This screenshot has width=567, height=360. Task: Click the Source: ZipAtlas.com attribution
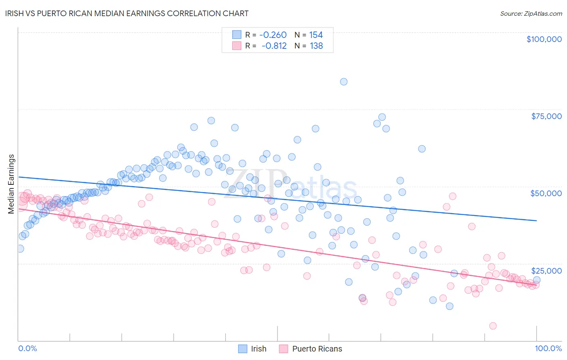pos(531,13)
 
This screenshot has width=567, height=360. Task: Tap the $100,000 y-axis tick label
pos(544,39)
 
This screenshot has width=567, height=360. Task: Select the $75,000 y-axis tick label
pos(546,116)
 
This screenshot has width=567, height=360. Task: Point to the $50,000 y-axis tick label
pos(546,193)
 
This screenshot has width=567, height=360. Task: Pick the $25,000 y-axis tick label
pos(546,270)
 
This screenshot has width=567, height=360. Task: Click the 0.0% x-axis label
pos(27,348)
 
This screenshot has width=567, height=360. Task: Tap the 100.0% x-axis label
pos(548,348)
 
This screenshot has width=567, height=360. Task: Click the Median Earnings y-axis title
pos(11,184)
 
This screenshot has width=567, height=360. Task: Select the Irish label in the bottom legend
pos(258,349)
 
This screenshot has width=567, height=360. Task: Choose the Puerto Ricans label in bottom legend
pos(317,349)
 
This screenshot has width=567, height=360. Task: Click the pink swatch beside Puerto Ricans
pos(283,349)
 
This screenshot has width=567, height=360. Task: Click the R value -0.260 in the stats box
pos(273,35)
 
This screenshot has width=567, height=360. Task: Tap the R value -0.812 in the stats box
pos(274,46)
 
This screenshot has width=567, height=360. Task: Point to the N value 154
pos(316,35)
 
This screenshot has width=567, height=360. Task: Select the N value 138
pos(316,46)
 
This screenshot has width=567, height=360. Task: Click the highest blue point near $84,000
pos(344,82)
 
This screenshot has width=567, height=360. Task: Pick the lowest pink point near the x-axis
pos(493,326)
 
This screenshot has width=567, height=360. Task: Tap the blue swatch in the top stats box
pos(236,35)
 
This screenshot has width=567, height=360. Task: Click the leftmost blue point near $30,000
pos(20,249)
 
